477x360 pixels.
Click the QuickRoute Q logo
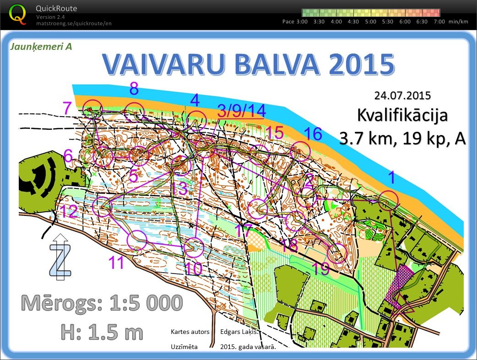[x=18, y=14]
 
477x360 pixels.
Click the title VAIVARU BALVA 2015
[x=248, y=64]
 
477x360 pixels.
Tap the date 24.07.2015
[x=402, y=96]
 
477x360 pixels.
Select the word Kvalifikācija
[x=402, y=115]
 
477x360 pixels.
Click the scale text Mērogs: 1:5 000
[x=102, y=303]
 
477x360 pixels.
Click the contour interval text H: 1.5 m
[x=102, y=331]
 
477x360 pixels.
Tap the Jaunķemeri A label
[x=41, y=46]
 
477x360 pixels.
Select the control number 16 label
[x=313, y=134]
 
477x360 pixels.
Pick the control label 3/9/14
[x=241, y=111]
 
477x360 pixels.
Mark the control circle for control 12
[x=102, y=206]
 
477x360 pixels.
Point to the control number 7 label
[x=67, y=109]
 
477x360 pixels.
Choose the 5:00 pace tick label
[x=370, y=21]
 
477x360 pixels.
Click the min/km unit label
[x=459, y=21]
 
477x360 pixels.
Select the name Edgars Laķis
[x=239, y=332]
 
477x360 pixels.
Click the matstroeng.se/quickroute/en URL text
[x=74, y=23]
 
